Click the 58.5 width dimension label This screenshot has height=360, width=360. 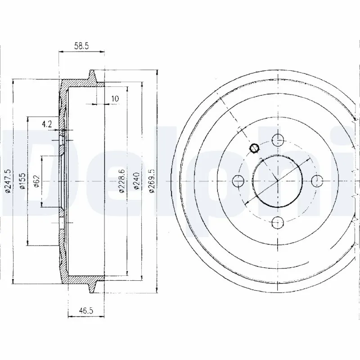[81, 45]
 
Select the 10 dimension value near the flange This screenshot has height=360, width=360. [115, 99]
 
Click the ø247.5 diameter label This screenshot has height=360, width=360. [7, 181]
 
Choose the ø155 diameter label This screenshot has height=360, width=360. [22, 181]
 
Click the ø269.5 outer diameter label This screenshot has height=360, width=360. [152, 180]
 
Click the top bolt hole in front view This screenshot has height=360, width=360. [278, 139]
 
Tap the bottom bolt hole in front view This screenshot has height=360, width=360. [278, 222]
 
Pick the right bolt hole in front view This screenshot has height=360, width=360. [317, 181]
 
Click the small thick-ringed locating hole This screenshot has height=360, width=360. [254, 148]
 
